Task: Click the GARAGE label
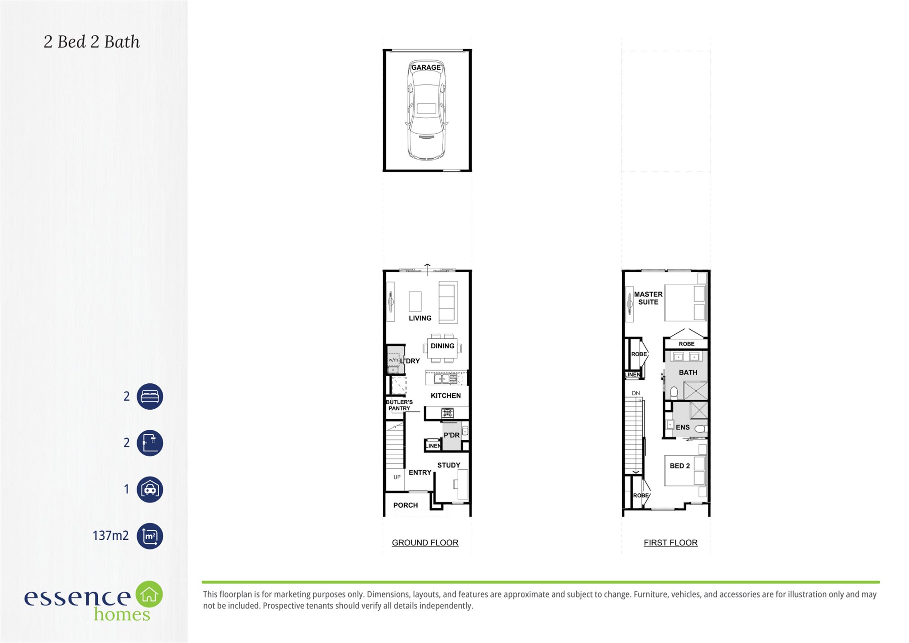tap(426, 67)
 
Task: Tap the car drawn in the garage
tap(426, 110)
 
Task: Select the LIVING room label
tap(420, 318)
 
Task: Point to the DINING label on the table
tap(442, 346)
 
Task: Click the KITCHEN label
tap(445, 396)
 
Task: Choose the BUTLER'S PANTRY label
tap(399, 405)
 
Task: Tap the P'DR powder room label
tap(452, 435)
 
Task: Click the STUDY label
tap(449, 465)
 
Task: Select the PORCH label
tap(405, 505)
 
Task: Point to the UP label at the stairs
tap(397, 477)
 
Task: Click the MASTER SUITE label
tap(648, 298)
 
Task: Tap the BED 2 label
tap(679, 466)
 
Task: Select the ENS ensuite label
tap(683, 427)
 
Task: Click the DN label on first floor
tap(635, 393)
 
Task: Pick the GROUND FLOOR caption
tap(425, 543)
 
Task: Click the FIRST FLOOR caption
tap(670, 543)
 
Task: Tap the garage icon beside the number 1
tap(150, 489)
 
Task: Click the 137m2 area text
tap(110, 536)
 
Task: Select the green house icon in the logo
tap(149, 594)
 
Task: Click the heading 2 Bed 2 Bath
tap(92, 41)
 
